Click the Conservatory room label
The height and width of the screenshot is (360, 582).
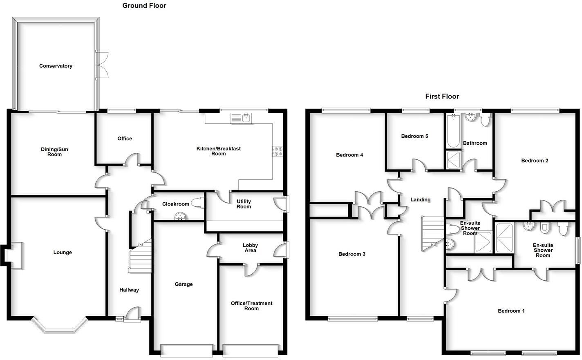pyautogui.click(x=56, y=66)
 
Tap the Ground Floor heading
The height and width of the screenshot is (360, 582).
pyautogui.click(x=144, y=6)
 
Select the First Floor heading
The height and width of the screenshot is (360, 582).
pyautogui.click(x=442, y=96)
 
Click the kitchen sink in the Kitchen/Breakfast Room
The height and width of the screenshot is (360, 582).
pyautogui.click(x=246, y=118)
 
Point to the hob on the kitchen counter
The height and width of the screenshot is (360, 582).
pyautogui.click(x=278, y=151)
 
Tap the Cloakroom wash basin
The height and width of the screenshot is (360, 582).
pyautogui.click(x=179, y=217)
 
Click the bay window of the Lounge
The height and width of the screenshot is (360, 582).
pyautogui.click(x=60, y=326)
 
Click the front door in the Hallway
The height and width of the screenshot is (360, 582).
pyautogui.click(x=132, y=315)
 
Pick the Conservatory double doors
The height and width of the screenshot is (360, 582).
pyautogui.click(x=102, y=65)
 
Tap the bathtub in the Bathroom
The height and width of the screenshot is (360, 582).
pyautogui.click(x=453, y=132)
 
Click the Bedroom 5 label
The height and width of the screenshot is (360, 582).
pyautogui.click(x=414, y=136)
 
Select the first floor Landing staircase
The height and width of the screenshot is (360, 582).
pyautogui.click(x=432, y=233)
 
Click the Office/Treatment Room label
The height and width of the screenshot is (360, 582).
pyautogui.click(x=251, y=306)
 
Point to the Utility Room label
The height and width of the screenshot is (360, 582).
pyautogui.click(x=244, y=204)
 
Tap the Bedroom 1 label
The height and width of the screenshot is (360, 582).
pyautogui.click(x=511, y=311)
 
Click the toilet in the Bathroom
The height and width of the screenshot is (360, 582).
pyautogui.click(x=485, y=120)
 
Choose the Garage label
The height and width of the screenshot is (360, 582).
pyautogui.click(x=184, y=284)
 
